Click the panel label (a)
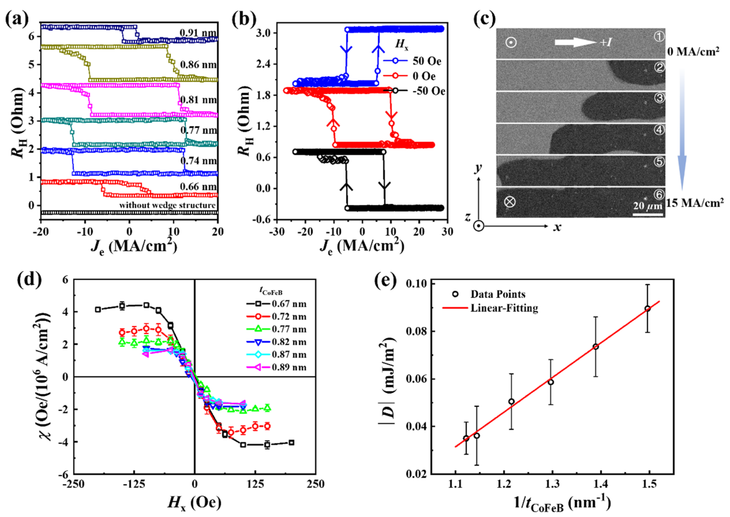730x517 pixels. (17, 20)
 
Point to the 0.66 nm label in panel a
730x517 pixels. (198, 187)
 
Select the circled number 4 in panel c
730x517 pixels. (659, 130)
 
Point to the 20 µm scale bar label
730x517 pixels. (647, 206)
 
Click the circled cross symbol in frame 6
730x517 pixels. (510, 202)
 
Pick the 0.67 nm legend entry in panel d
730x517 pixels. (289, 304)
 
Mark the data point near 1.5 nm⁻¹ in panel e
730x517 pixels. (647, 308)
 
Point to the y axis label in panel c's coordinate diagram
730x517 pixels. (478, 168)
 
